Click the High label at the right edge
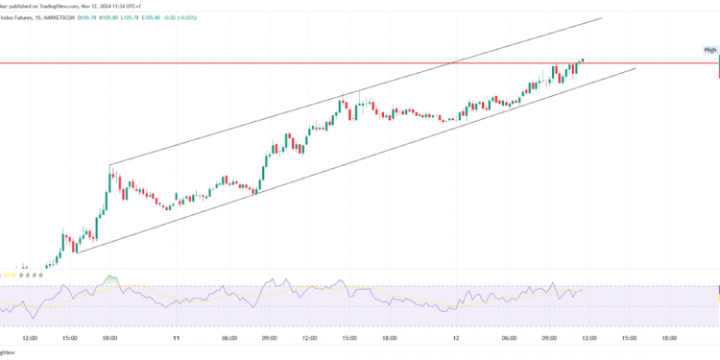710,49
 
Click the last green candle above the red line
583,60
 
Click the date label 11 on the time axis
176,338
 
